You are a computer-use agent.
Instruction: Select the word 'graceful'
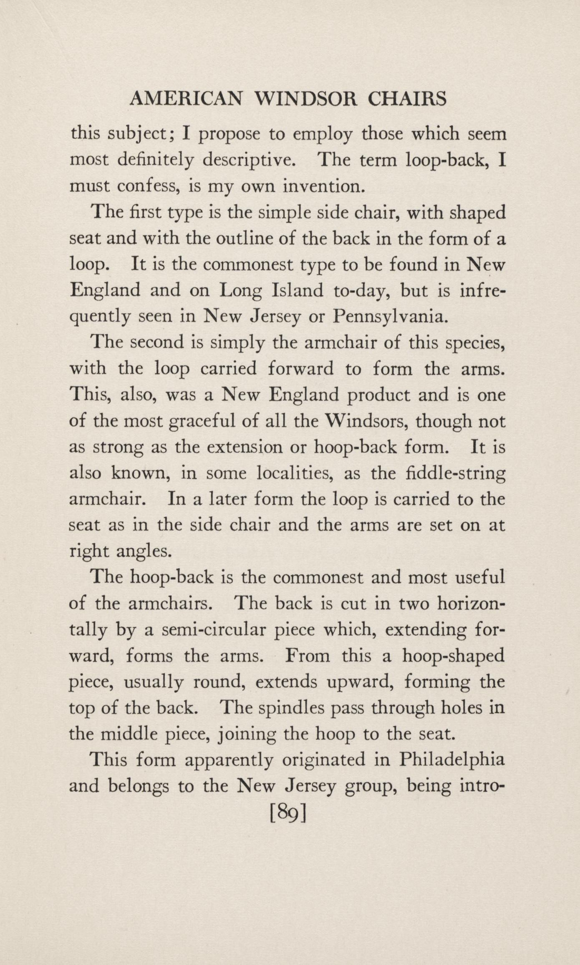pyautogui.click(x=202, y=421)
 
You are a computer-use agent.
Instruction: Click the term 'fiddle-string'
pyautogui.click(x=455, y=474)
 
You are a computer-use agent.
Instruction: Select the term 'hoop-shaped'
pyautogui.click(x=453, y=657)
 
